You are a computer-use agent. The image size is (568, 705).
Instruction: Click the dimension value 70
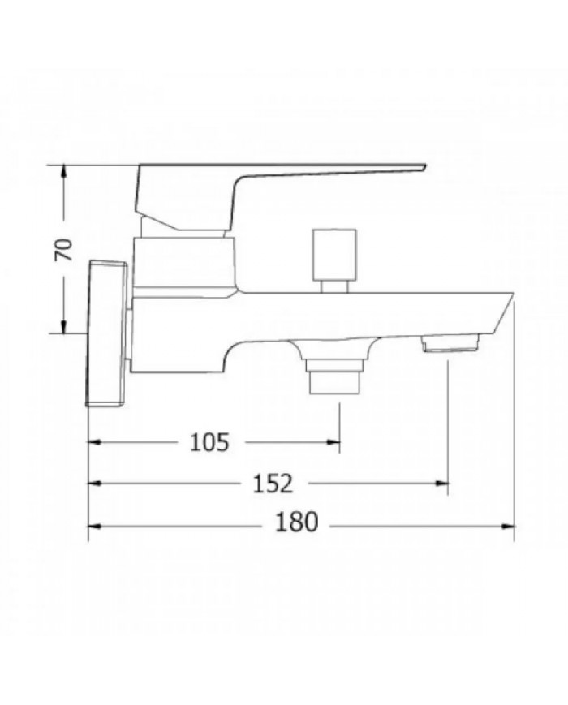(64, 249)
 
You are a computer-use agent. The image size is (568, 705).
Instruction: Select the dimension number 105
(210, 441)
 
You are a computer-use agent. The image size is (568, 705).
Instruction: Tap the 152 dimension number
(271, 483)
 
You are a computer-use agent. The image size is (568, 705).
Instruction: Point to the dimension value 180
(296, 524)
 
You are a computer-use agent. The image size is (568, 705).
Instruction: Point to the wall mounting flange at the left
(107, 333)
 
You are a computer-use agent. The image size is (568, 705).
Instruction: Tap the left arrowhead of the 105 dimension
(93, 441)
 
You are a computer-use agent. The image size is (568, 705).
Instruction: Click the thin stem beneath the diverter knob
(333, 284)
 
